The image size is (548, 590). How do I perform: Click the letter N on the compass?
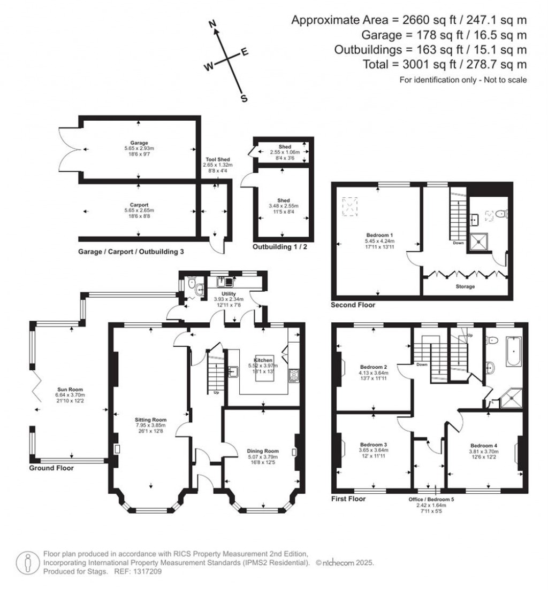[x=212, y=24]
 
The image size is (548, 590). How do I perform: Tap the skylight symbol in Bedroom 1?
[x=349, y=206]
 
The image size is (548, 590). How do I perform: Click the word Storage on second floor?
[x=465, y=287]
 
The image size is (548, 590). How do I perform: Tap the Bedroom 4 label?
[x=483, y=445]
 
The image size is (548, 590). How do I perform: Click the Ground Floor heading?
[x=51, y=468]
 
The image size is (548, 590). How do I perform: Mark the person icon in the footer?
[x=27, y=562]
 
